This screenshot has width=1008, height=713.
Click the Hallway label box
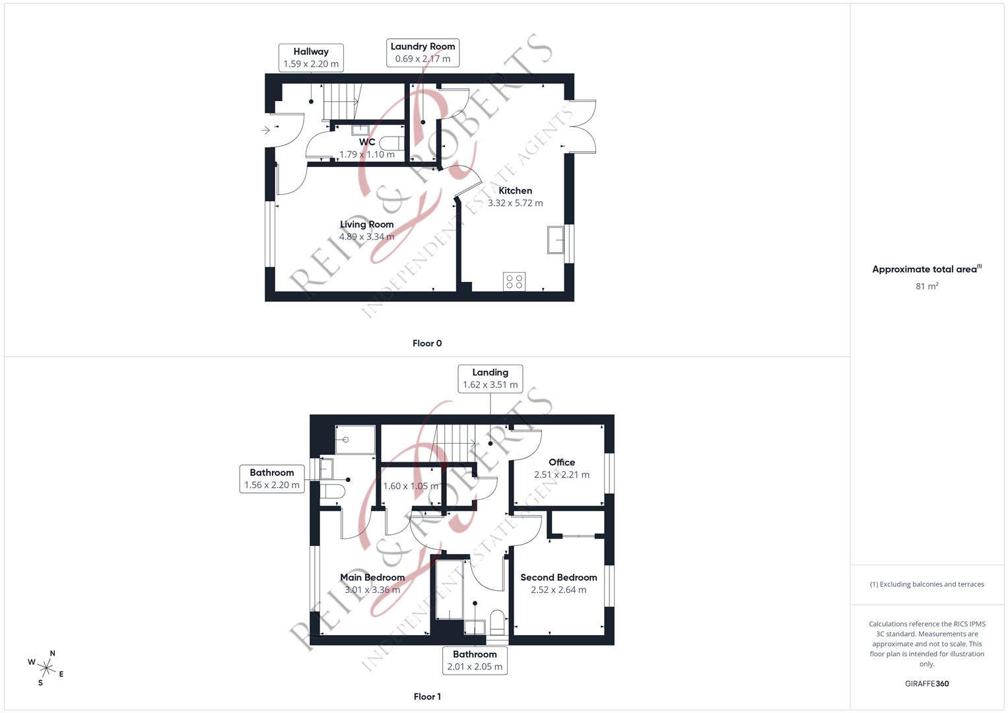point(311,57)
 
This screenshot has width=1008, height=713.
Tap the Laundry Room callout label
point(422,52)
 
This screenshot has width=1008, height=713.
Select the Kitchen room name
point(515,191)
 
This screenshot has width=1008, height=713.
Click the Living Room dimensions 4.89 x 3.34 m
point(367,236)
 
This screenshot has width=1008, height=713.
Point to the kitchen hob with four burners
point(514,282)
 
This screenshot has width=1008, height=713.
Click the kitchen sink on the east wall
point(556,239)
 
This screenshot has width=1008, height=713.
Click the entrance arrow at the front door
point(266,130)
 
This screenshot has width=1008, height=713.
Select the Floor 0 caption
point(427,343)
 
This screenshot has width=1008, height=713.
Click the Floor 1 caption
point(427,696)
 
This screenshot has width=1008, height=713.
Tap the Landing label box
point(490,378)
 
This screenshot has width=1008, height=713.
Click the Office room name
point(562,462)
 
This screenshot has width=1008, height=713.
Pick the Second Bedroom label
point(558,578)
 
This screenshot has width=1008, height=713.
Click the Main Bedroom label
point(372,578)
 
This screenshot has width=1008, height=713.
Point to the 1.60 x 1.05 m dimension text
point(411,486)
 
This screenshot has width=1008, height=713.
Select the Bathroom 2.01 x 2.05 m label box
point(475,660)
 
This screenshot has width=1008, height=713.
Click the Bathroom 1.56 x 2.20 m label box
point(272,479)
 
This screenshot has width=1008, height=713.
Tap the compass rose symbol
point(46,667)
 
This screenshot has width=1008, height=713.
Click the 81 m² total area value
point(927,286)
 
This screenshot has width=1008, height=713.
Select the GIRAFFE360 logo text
point(927,683)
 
